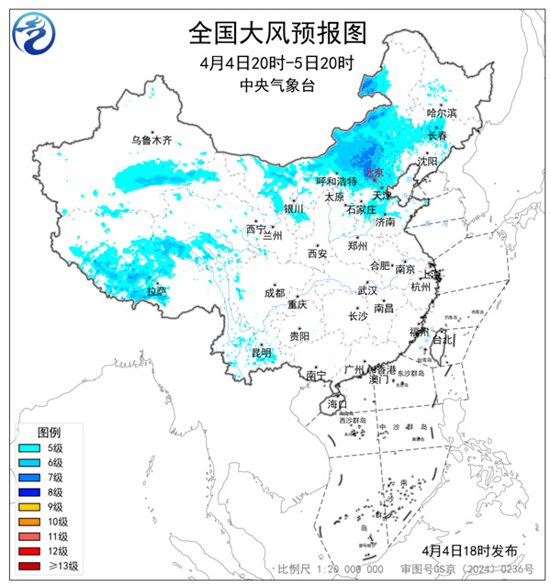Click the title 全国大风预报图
pyautogui.click(x=276, y=33)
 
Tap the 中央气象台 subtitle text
pyautogui.click(x=276, y=84)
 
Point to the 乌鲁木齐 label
pyautogui.click(x=151, y=141)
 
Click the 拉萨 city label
pyautogui.click(x=157, y=291)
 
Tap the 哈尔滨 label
pyautogui.click(x=442, y=112)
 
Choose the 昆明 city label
pyautogui.click(x=262, y=352)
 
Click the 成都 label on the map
pyautogui.click(x=274, y=293)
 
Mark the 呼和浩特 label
pyautogui.click(x=335, y=182)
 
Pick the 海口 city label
pyautogui.click(x=337, y=404)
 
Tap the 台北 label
pyautogui.click(x=443, y=339)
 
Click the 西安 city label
pyautogui.click(x=317, y=253)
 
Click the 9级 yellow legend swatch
pyautogui.click(x=29, y=506)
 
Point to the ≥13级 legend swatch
pyautogui.click(x=29, y=565)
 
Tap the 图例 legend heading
pyautogui.click(x=49, y=432)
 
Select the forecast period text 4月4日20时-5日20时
pyautogui.click(x=276, y=62)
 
